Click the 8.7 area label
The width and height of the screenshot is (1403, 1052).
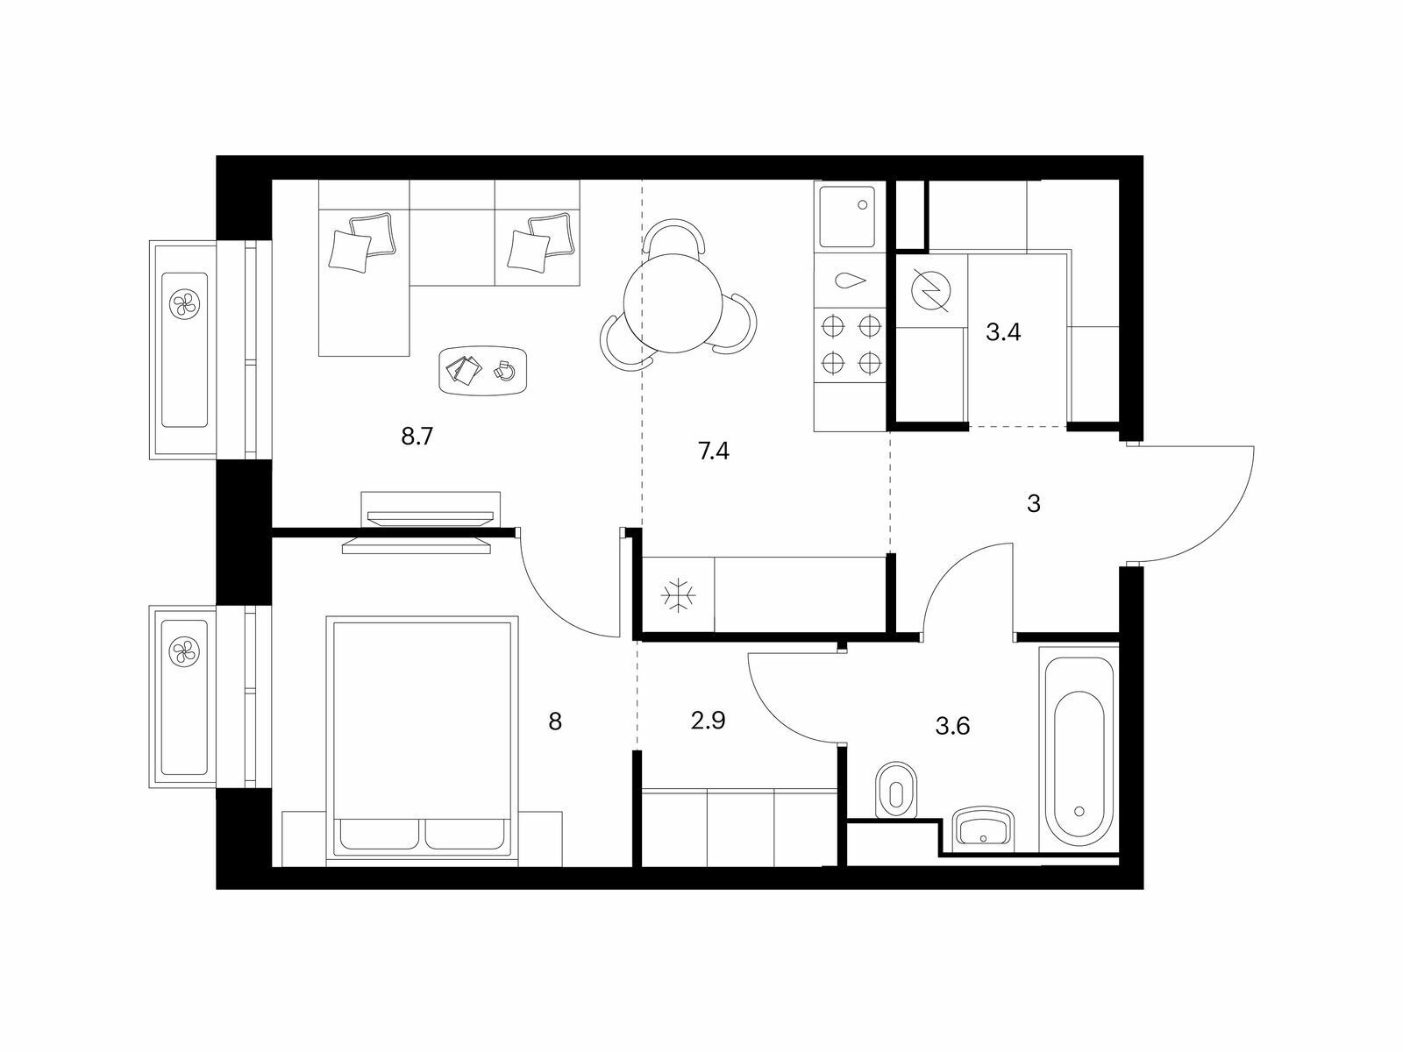tap(417, 437)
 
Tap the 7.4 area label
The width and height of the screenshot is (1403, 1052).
tap(713, 451)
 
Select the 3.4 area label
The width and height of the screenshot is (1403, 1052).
tap(1003, 332)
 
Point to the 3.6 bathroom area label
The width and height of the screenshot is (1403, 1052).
tap(952, 726)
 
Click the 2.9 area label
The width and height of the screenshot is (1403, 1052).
tap(709, 721)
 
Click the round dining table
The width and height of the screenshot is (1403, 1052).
tap(673, 302)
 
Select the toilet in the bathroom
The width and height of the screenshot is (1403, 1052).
tap(895, 790)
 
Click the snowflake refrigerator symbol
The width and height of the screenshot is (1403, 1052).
tap(678, 596)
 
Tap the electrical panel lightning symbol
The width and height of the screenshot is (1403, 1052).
tap(931, 290)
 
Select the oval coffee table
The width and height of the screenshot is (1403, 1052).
tap(483, 371)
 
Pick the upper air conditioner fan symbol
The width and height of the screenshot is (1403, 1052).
tap(185, 302)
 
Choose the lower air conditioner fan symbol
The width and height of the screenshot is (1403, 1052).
tap(184, 652)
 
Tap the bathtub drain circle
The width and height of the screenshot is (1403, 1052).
tap(1079, 811)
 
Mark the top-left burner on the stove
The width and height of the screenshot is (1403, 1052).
tap(831, 327)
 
